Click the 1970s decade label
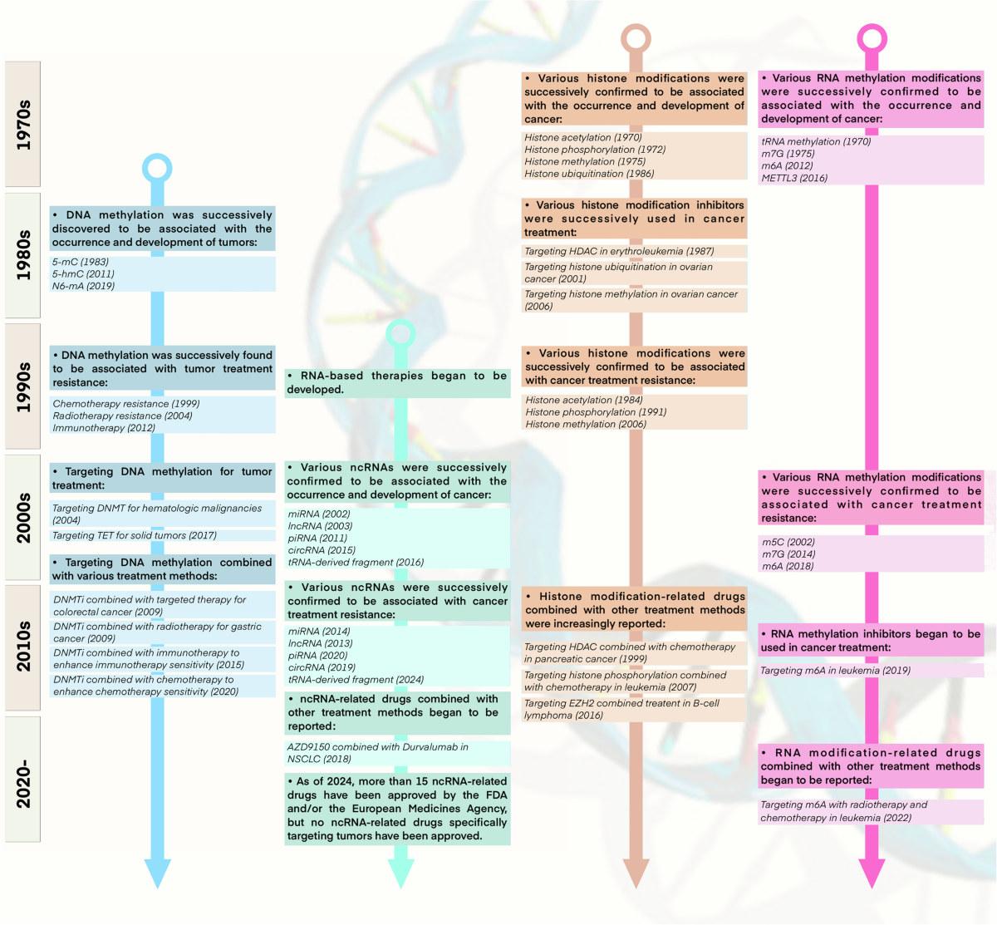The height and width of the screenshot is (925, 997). point(22,124)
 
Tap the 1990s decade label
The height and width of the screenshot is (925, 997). point(22,386)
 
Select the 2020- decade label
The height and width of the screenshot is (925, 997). point(22,780)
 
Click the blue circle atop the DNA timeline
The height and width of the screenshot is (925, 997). point(157,168)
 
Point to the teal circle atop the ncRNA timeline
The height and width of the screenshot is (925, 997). point(401,334)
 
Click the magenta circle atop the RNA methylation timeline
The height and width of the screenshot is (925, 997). point(872,38)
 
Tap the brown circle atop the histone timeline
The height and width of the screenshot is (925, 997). point(636,38)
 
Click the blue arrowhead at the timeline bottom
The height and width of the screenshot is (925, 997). point(157,873)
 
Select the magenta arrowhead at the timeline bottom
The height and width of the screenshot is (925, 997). point(872,873)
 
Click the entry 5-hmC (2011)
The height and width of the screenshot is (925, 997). point(83,273)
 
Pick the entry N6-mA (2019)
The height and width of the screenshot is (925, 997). point(83,286)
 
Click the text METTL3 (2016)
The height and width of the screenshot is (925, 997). point(794,178)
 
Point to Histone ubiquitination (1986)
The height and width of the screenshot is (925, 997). point(589,174)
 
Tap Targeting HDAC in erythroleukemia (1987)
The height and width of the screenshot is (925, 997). point(619,251)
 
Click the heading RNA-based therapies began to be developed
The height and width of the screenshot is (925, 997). point(397,382)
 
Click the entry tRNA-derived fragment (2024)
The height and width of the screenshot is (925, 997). point(355,679)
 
